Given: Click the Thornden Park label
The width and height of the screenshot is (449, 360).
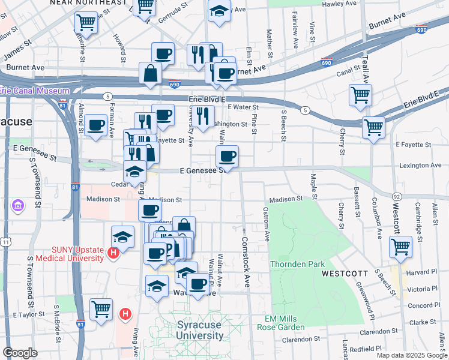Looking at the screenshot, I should pos(298,264).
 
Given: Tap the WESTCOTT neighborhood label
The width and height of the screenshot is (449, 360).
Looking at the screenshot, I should pos(345,273).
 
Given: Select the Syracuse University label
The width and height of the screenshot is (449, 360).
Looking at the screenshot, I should pos(205,330).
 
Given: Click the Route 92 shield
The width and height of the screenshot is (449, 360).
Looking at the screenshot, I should pos(397,196).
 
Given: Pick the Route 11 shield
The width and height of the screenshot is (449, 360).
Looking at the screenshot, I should pos(5,241).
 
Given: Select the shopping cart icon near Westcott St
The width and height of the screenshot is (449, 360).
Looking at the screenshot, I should pos(400,245).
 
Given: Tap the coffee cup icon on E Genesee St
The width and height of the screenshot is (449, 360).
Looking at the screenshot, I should pos(227,157).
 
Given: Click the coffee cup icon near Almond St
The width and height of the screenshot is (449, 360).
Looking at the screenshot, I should pos(96,125).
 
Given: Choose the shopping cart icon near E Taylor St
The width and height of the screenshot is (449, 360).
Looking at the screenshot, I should pos(101,309).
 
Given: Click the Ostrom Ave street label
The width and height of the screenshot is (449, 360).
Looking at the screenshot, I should pos(267,224).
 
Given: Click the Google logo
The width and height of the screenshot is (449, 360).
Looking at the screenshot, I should pos(20,353).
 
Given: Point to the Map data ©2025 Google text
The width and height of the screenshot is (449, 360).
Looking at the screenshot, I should pos(411,355).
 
